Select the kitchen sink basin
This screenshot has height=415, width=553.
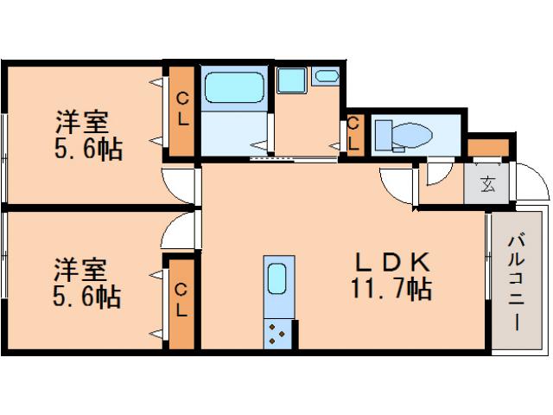(x=276, y=279)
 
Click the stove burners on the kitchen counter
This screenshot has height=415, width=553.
(x=278, y=332)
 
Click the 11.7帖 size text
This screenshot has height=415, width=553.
(x=392, y=288)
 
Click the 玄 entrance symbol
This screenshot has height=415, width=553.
(x=488, y=183)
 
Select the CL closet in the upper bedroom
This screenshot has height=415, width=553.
(x=182, y=111)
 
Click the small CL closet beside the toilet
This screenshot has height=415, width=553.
(x=353, y=135)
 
